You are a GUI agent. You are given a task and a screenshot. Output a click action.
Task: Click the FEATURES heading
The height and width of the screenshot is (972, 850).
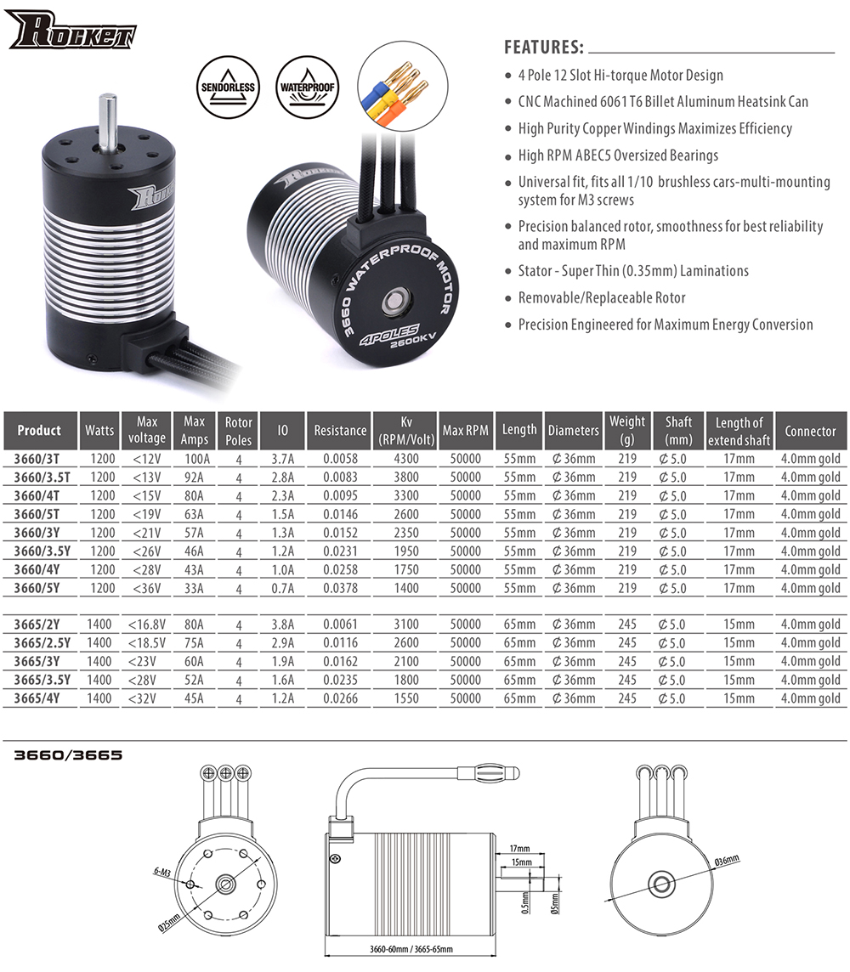pyautogui.click(x=543, y=46)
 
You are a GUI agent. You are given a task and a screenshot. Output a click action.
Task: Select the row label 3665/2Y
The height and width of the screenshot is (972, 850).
pyautogui.click(x=39, y=624)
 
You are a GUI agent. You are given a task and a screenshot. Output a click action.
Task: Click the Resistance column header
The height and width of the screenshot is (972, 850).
pyautogui.click(x=340, y=431)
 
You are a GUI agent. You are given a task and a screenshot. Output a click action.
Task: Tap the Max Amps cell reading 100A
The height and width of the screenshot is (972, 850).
pyautogui.click(x=194, y=459)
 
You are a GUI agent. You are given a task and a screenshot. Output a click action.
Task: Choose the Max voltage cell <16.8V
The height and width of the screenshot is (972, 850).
pyautogui.click(x=146, y=624)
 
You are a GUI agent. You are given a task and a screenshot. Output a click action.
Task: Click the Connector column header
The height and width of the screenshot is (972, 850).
pyautogui.click(x=810, y=431)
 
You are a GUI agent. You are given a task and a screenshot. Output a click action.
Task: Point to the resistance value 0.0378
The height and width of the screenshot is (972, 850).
pyautogui.click(x=340, y=588)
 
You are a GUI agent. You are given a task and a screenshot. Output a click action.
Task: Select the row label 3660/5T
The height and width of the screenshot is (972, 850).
pyautogui.click(x=39, y=514)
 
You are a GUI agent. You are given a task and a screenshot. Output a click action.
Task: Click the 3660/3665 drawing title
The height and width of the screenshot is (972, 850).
pyautogui.click(x=68, y=754)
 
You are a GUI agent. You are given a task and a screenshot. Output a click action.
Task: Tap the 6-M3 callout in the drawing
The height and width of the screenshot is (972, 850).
pyautogui.click(x=162, y=872)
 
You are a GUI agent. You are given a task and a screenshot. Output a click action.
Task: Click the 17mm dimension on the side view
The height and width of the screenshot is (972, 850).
pyautogui.click(x=520, y=848)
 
